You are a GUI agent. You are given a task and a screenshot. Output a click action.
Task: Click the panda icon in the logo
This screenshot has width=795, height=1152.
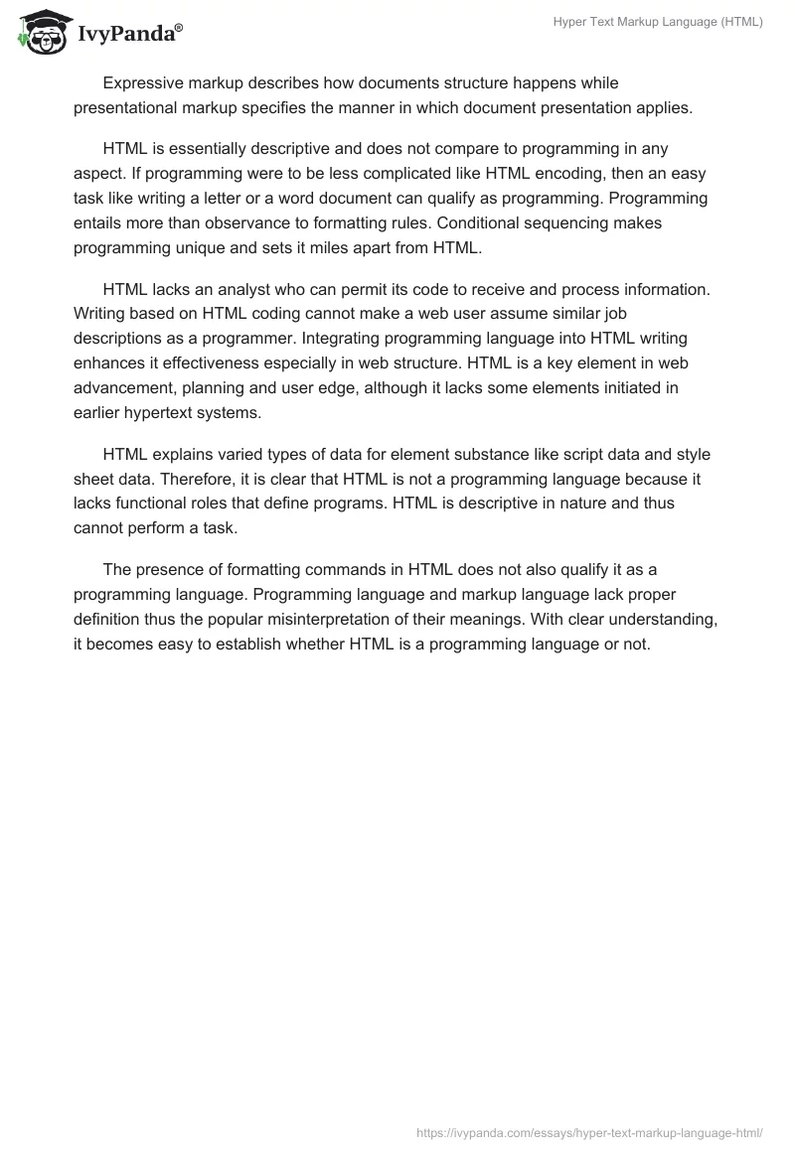click(40, 33)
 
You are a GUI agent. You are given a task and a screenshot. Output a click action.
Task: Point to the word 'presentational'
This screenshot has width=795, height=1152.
click(126, 108)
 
